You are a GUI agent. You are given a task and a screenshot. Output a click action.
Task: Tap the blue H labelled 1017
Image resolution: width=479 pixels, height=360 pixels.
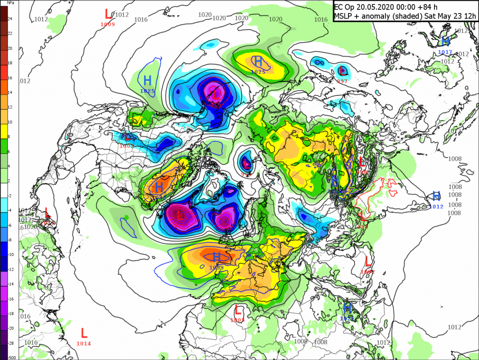coord(445,42)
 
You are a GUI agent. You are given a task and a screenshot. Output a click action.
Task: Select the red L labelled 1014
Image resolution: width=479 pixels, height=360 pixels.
coord(84,333)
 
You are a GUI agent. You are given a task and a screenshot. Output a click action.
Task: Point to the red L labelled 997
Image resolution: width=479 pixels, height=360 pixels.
coord(343,71)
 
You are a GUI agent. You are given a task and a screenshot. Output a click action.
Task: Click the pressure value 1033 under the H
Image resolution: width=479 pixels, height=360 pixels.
coord(217,268)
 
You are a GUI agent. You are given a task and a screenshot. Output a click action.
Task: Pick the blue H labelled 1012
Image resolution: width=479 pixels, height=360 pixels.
coord(436,196)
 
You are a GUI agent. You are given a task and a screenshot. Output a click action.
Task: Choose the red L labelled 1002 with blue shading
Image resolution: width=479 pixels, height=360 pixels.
coord(127,137)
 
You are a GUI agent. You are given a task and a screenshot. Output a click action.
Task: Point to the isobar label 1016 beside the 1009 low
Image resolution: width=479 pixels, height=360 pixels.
coord(141,19)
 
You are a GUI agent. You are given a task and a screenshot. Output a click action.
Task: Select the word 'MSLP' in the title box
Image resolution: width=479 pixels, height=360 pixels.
coord(344,16)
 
